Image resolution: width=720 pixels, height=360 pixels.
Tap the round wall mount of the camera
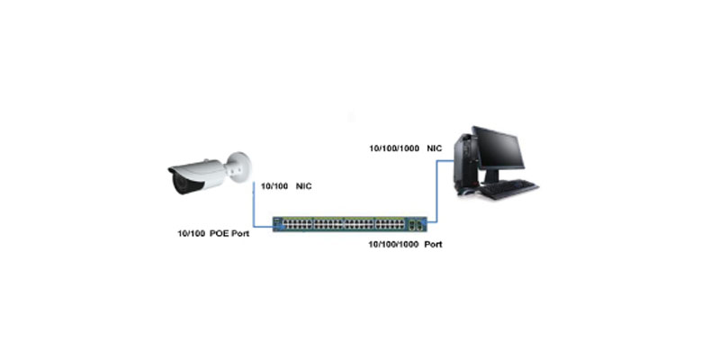pos(241,167)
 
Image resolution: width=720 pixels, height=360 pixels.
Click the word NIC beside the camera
pos(303,186)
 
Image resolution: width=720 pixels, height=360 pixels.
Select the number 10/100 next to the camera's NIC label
pos(274,186)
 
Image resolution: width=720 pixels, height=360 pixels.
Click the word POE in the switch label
pos(218,234)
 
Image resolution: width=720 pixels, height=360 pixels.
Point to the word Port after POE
pos(239,234)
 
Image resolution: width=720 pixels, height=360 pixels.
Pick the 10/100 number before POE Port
pos(191,234)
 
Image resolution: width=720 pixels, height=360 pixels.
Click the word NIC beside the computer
pos(434,148)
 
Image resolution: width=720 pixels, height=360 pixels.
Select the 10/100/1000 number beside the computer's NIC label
pos(393,148)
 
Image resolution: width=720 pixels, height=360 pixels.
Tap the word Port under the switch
pos(434,245)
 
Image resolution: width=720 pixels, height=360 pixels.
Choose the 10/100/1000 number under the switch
pos(393,245)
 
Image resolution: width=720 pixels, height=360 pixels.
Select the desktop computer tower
pos(464,162)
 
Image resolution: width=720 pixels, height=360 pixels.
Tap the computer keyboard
pos(510,188)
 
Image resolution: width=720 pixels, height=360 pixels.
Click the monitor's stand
pos(491,176)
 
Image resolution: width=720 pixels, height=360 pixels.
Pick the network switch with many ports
pos(350,224)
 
